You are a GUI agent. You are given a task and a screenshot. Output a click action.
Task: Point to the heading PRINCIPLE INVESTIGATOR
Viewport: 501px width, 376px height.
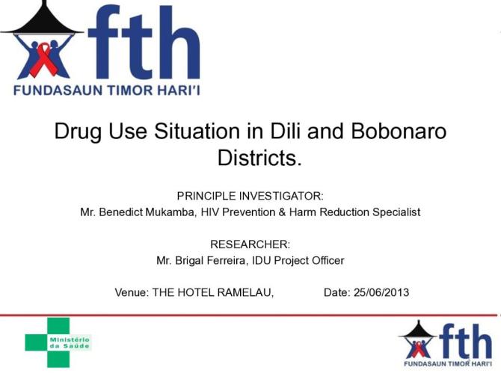pos(250,196)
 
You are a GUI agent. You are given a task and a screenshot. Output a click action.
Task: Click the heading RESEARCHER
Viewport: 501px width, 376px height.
pos(250,244)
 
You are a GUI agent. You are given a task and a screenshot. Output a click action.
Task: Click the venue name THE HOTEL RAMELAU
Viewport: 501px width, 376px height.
pos(213,292)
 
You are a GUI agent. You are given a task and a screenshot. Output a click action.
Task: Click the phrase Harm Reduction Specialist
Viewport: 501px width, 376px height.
pos(358,212)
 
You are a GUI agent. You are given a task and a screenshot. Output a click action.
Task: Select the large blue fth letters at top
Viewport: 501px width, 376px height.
pos(142,46)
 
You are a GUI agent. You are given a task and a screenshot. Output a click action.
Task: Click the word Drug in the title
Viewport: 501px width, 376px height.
pos(79,133)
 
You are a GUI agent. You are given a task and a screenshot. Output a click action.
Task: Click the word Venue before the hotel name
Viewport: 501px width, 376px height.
pos(132,292)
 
